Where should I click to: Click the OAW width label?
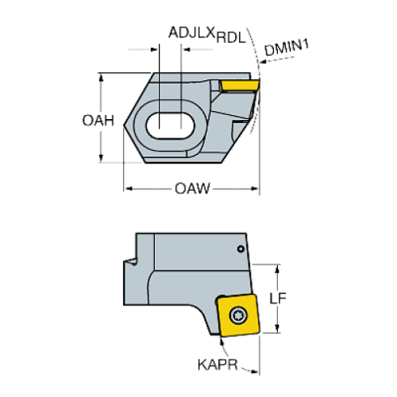tap(192, 190)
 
